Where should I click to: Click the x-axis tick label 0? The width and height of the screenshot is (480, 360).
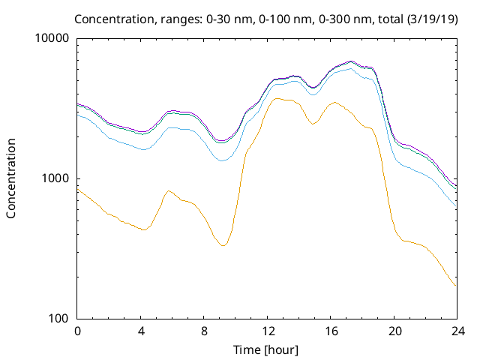(x=77, y=331)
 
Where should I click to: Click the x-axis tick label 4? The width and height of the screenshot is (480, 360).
(x=140, y=331)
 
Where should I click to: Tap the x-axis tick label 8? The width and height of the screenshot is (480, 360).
(x=203, y=331)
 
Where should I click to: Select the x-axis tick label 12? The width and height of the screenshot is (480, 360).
(x=266, y=331)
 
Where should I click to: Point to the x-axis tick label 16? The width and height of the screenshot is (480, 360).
(x=329, y=331)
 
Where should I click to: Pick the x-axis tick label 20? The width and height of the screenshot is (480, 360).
(x=392, y=331)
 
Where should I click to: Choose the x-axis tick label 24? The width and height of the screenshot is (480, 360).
(x=455, y=331)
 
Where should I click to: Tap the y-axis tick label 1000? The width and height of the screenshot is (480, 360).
(x=56, y=178)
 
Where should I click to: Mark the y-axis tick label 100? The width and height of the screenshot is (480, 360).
(x=59, y=319)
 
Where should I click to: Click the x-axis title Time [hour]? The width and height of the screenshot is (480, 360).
(x=266, y=349)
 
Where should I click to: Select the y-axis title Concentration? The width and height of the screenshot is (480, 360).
(x=11, y=178)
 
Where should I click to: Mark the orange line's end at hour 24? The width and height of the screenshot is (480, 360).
(x=455, y=286)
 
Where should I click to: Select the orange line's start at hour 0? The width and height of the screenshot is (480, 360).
(x=78, y=189)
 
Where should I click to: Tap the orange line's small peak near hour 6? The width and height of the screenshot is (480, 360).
(x=169, y=190)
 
